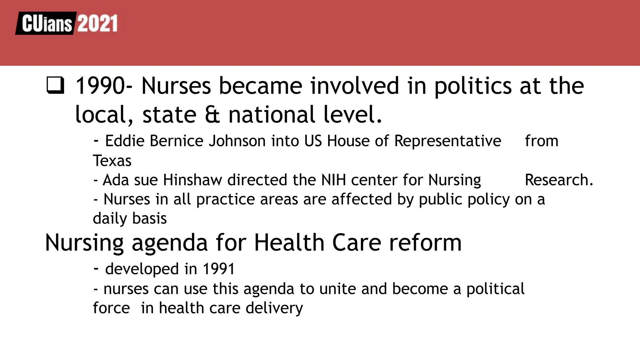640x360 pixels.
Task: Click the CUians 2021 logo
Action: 69,23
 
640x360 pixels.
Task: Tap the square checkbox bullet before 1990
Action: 55,86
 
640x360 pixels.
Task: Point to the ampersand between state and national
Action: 212,115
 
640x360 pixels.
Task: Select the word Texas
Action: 112,161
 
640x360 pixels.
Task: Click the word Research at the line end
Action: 558,180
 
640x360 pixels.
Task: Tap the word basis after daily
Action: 149,218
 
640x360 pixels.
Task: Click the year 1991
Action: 218,269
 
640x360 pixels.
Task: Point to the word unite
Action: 337,288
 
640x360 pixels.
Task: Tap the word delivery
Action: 274,308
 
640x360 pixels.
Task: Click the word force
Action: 111,308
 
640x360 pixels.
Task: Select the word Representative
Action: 447,141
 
